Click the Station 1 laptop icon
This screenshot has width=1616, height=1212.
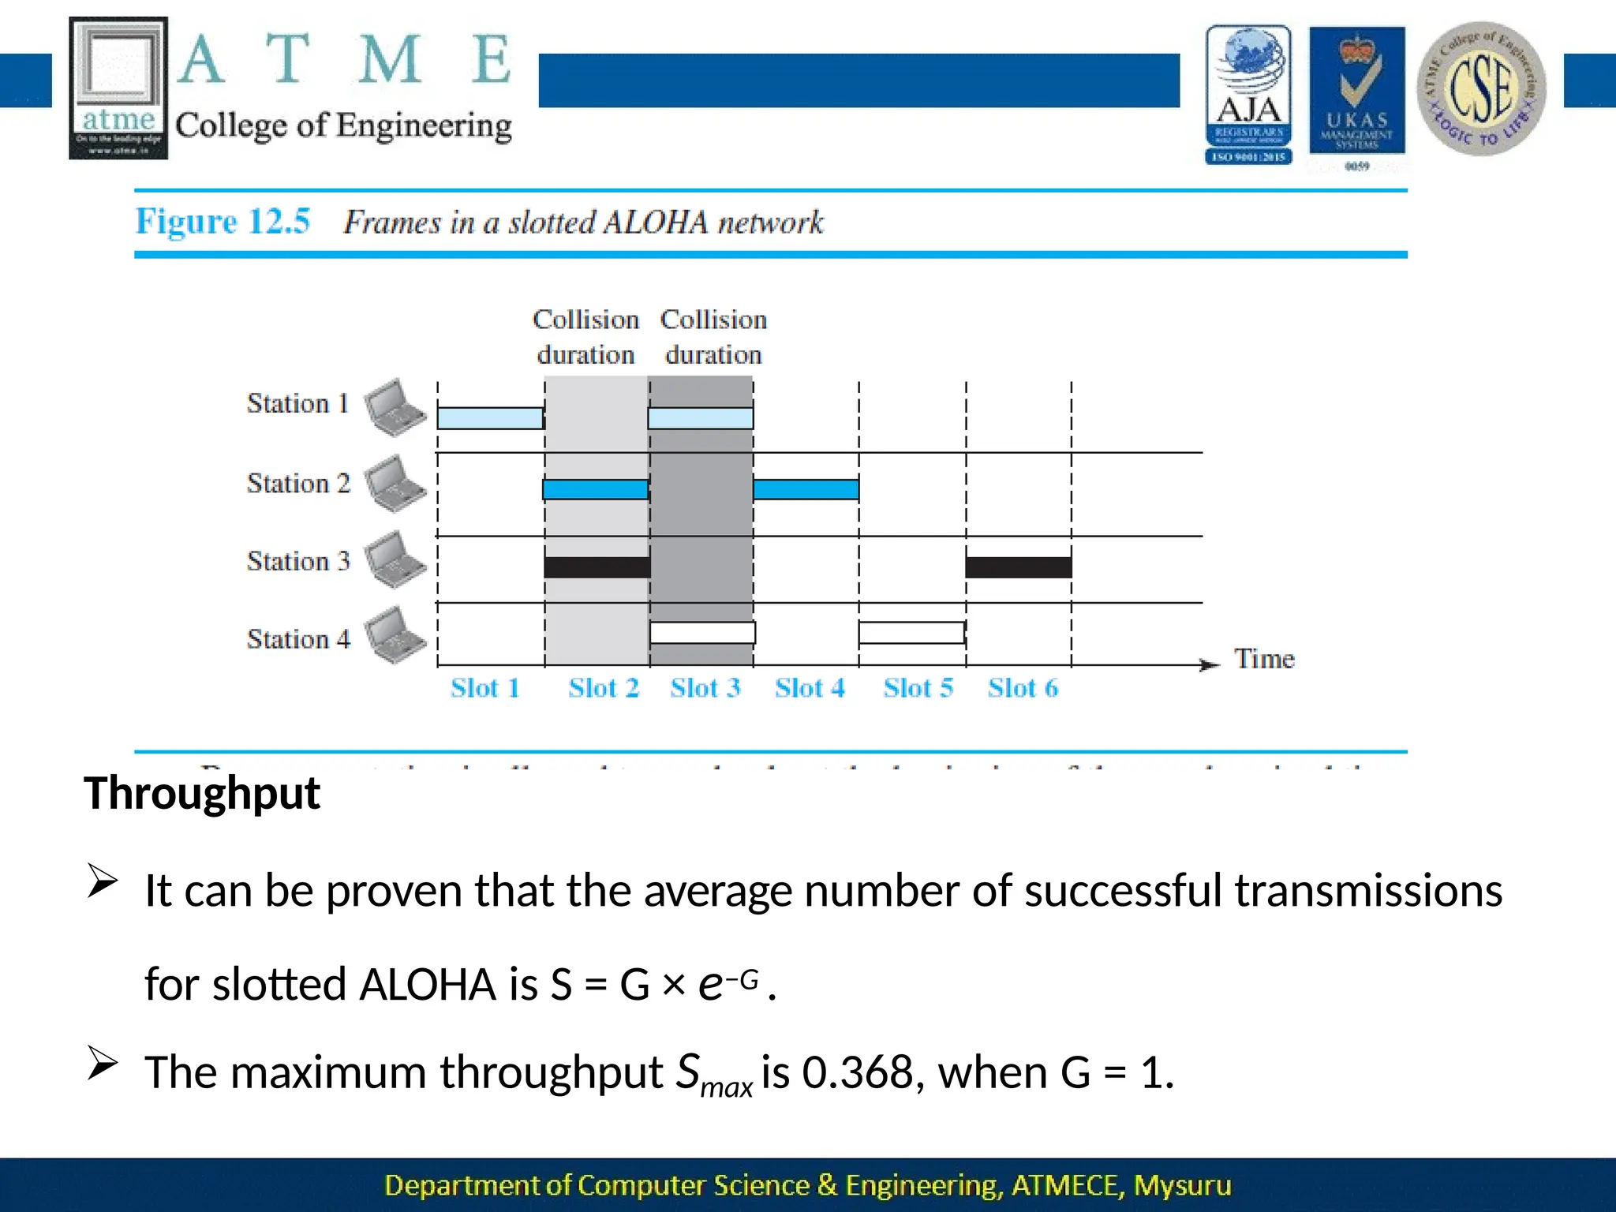[395, 407]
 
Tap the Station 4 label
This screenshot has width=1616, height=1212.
[298, 638]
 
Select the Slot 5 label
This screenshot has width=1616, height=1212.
[918, 688]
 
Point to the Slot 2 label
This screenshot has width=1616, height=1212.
[604, 688]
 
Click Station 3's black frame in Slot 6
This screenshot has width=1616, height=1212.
[1018, 567]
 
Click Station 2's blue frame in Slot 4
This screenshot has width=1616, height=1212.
[806, 489]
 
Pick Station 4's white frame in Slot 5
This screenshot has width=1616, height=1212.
[911, 633]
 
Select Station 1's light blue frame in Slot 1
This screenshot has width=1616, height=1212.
[490, 418]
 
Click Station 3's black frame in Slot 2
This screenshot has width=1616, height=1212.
[597, 567]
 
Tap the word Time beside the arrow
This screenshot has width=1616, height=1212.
[1264, 659]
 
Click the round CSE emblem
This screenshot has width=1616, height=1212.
[1481, 88]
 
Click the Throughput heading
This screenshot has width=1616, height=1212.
[202, 793]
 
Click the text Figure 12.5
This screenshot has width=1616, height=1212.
[223, 222]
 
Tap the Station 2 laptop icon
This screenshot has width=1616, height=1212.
[395, 484]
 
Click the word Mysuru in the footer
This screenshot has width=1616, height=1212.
[1181, 1185]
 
